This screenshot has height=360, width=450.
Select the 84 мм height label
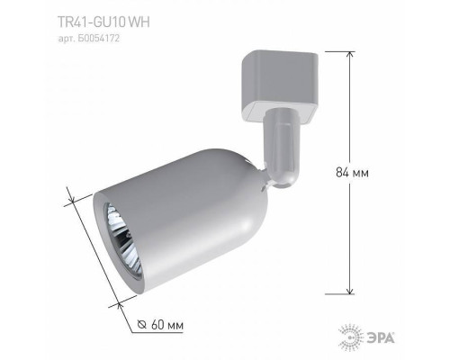372,171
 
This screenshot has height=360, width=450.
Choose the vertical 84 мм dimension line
349,171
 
